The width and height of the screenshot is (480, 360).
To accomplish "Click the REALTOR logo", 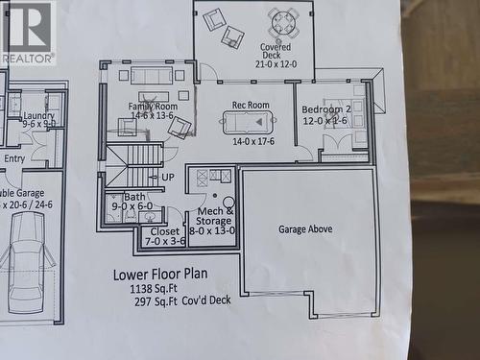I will pos(28,32).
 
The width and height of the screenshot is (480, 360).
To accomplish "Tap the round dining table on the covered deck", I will pos(283,21).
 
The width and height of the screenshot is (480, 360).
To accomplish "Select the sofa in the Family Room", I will pos(152,75).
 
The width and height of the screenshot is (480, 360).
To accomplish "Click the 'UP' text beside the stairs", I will pos(168,178).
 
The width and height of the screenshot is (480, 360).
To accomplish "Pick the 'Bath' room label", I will pos(134,197).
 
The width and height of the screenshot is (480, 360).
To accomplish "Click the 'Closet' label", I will pos(165,231).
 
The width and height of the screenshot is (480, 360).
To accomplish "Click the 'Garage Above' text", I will pos(305,229).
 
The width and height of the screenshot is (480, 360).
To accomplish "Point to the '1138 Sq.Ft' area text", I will pos(161,288).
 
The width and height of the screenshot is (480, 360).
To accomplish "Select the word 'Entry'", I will pos(14,158).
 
